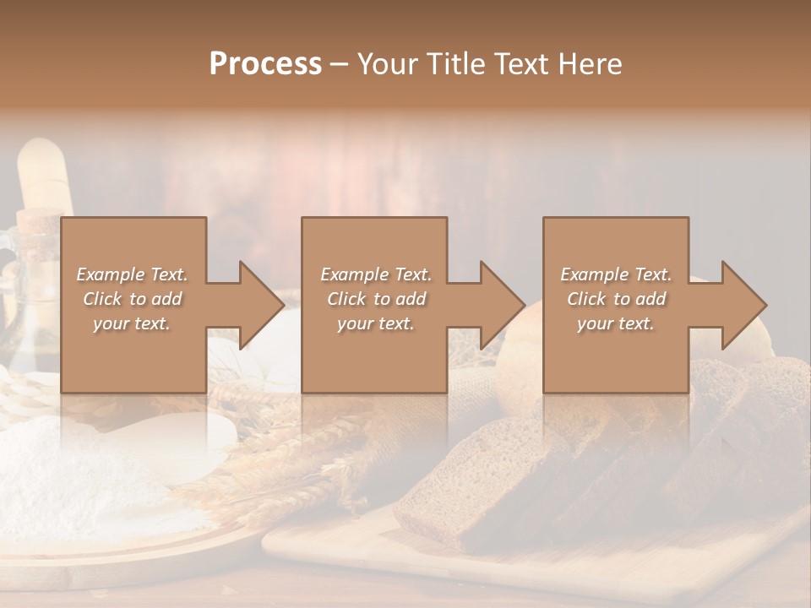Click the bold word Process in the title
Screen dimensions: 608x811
point(265,64)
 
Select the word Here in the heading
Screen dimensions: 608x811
point(588,64)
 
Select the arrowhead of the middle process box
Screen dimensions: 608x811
point(501,305)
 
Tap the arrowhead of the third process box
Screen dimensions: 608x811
point(743,305)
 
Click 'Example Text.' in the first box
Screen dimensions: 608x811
point(132,274)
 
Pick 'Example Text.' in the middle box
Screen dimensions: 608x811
point(376,274)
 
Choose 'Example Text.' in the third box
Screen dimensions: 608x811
point(616,274)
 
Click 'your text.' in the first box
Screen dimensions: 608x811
point(132,323)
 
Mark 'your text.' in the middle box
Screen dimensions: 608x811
point(376,323)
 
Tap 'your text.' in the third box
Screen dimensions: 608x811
point(616,323)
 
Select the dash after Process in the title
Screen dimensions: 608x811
point(340,64)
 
